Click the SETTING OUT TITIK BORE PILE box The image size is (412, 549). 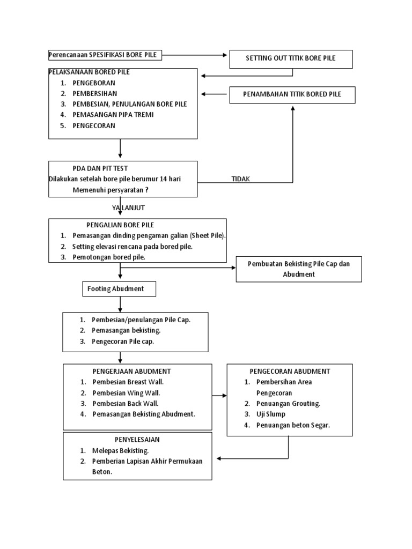(291, 59)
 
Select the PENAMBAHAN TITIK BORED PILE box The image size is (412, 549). (292, 94)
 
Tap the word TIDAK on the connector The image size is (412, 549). (241, 179)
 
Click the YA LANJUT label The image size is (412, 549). (128, 207)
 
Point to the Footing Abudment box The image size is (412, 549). (119, 289)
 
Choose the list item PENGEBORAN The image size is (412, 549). (94, 83)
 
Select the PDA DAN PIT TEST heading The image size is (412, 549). (100, 168)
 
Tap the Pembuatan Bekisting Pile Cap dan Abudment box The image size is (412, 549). (299, 269)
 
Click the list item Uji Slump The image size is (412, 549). (270, 414)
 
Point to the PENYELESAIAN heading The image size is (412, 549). (137, 440)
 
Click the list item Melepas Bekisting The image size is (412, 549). (121, 450)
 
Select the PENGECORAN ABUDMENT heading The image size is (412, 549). (290, 371)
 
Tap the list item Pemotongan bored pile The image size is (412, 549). (109, 257)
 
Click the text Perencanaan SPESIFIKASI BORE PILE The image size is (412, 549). (105, 55)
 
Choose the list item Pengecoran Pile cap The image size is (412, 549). (123, 342)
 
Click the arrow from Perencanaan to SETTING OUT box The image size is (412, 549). (196, 55)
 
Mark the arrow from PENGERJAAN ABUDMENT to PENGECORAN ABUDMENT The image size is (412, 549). (219, 396)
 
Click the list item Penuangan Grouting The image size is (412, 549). (288, 403)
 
